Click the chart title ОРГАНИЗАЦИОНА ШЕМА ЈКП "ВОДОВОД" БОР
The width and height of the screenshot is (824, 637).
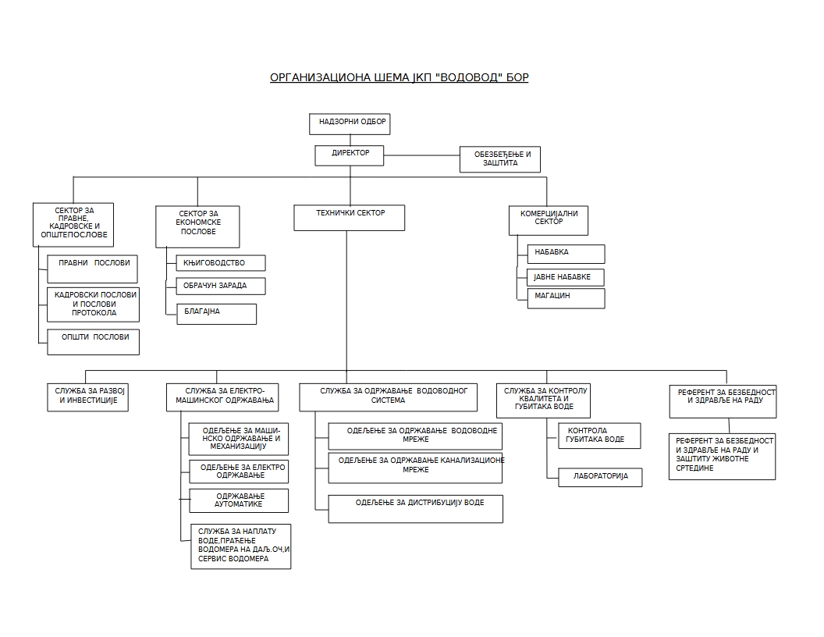coord(399,77)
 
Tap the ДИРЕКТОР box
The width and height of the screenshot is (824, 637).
coord(350,155)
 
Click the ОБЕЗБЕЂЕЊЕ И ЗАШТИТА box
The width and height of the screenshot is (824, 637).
coord(499,159)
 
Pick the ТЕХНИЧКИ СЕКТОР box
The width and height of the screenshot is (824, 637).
coord(349,217)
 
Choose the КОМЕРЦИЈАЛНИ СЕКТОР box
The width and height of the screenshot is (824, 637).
coord(549,220)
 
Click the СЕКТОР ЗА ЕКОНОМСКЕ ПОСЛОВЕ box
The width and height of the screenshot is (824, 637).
coord(197,226)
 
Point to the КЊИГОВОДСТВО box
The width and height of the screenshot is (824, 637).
coord(221,263)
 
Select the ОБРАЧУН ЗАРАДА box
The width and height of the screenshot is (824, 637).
coord(221,286)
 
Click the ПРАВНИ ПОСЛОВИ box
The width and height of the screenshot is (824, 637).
coord(92,269)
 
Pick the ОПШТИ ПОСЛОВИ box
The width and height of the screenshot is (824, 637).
coord(93,342)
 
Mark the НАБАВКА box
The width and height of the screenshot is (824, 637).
coord(565,254)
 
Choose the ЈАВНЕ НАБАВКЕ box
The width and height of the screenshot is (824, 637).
coord(565,277)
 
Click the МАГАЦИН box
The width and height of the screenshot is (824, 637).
coord(565,298)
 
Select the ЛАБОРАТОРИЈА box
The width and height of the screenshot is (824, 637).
coord(599,477)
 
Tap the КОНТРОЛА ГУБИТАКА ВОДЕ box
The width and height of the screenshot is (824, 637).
coord(599,436)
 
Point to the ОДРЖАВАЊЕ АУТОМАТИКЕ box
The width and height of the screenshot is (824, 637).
coord(239,500)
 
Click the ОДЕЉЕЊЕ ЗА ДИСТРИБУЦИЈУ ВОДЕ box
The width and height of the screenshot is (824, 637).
coord(415,508)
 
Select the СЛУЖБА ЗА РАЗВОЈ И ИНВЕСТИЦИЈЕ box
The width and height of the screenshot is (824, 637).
coord(87,397)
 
